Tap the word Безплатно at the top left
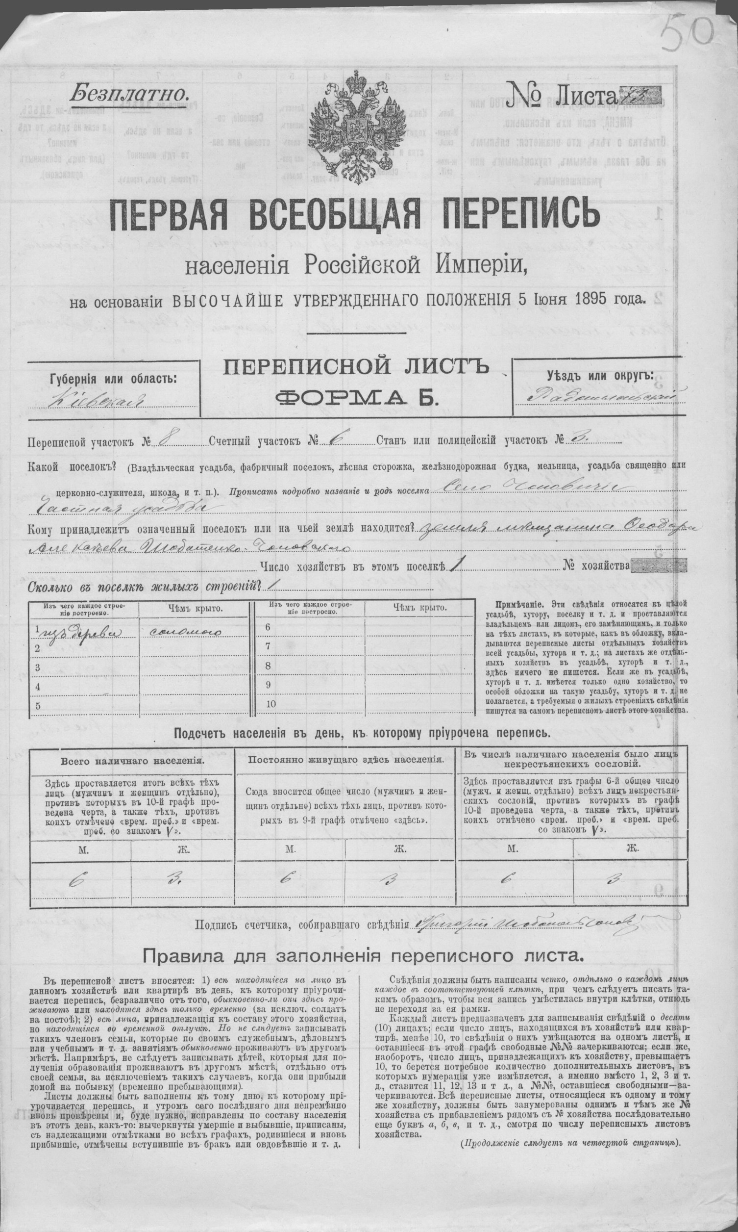pos(130,93)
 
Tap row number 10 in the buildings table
pos(271,705)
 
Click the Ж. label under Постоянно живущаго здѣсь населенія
pos(400,849)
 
